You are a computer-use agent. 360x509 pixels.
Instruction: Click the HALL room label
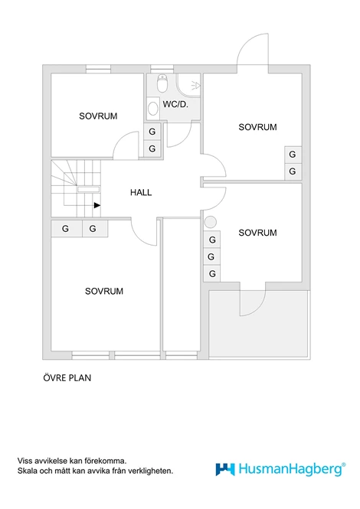[x=141, y=192]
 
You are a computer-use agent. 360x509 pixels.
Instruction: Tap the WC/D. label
[x=175, y=104]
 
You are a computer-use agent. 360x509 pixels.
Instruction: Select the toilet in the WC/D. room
[x=162, y=83]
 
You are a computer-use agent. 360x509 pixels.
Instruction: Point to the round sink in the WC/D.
[x=152, y=109]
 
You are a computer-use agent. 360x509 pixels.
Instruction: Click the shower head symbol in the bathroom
[x=195, y=86]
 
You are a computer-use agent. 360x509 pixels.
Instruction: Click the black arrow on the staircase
[x=97, y=205]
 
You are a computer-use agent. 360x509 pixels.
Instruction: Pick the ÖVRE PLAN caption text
[x=67, y=378]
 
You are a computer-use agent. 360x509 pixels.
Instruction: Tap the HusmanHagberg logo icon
[x=225, y=469]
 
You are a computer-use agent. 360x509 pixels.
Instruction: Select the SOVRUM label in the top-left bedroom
[x=98, y=116]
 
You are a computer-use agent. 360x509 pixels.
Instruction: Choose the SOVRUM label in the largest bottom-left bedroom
[x=104, y=291]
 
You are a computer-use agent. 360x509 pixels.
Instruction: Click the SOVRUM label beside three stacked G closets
[x=257, y=233]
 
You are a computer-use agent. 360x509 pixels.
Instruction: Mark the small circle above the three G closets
[x=211, y=223]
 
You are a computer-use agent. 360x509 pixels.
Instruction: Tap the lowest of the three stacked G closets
[x=212, y=274]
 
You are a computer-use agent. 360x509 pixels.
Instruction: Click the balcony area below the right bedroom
[x=259, y=325]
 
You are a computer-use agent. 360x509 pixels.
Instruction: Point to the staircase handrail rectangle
[x=88, y=189]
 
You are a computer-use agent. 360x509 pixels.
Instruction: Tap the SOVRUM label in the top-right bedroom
[x=257, y=127]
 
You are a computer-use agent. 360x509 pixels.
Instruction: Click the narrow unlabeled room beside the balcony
[x=182, y=285]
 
